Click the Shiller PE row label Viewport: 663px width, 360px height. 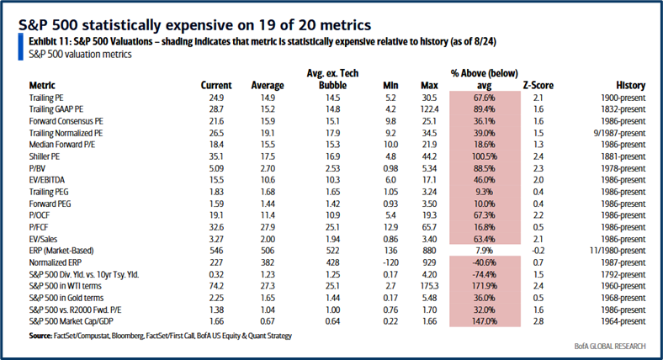51,156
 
